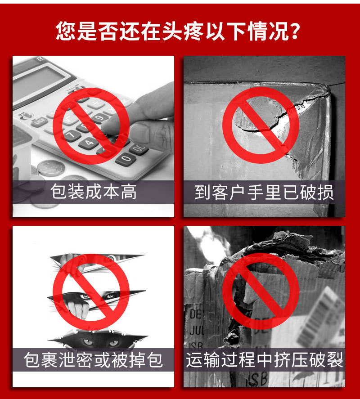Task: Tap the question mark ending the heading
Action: click(x=295, y=31)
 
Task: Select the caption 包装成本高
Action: click(x=93, y=192)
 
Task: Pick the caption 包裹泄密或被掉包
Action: click(x=93, y=360)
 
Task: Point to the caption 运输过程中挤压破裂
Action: click(x=264, y=360)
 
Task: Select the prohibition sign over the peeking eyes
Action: click(x=91, y=292)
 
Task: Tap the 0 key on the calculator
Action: click(x=126, y=158)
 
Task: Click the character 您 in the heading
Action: click(x=65, y=31)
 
